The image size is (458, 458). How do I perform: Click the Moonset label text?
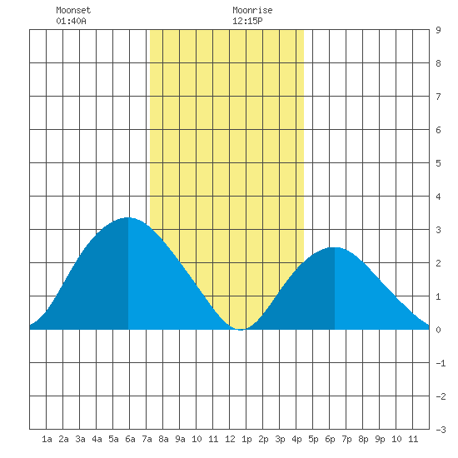click(73, 10)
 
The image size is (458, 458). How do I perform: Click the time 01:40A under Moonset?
click(71, 21)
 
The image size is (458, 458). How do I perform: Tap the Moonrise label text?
click(252, 10)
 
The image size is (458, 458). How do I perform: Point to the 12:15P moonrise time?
click(247, 21)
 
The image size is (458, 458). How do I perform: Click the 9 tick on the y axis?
click(438, 30)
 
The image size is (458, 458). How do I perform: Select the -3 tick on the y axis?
click(441, 430)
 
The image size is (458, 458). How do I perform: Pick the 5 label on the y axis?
click(438, 163)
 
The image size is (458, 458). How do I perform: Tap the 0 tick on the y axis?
click(438, 330)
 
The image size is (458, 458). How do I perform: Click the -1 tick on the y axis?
click(441, 363)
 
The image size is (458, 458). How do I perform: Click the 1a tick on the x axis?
click(47, 439)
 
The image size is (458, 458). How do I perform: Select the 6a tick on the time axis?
click(130, 439)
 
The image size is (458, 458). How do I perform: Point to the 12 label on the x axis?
click(230, 439)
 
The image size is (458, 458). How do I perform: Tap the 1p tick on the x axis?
click(246, 439)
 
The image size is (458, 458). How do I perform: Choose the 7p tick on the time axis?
click(346, 439)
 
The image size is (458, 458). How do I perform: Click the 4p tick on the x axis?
click(296, 439)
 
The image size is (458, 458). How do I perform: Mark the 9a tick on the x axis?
click(180, 439)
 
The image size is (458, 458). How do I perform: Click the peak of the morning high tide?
click(128, 217)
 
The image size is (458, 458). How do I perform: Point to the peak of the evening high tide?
click(335, 247)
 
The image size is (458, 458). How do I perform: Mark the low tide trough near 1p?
click(241, 330)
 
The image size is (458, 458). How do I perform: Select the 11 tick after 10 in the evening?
click(413, 439)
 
